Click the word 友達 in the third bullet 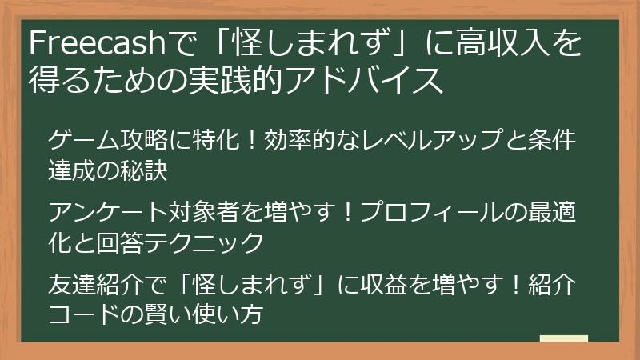pos(75,285)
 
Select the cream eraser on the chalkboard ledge pos(563,338)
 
